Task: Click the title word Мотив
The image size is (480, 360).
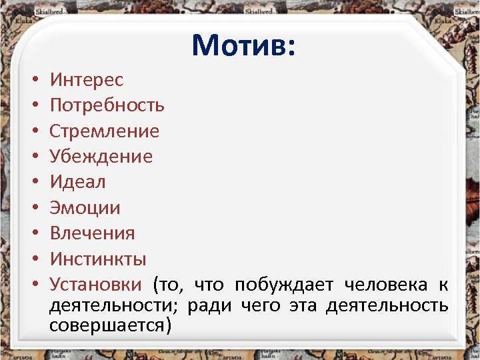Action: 243,45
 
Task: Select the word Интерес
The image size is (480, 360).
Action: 87,80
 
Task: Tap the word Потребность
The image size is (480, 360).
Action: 107,105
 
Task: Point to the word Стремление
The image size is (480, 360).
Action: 105,131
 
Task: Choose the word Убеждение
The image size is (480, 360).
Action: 101,157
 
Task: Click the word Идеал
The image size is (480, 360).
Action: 78,182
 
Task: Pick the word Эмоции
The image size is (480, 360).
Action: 85,208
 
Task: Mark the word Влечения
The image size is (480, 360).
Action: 92,233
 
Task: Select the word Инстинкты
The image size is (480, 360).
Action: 98,259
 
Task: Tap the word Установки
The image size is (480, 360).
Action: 96,285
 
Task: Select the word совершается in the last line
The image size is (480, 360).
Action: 110,326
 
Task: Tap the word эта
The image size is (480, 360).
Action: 303,306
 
